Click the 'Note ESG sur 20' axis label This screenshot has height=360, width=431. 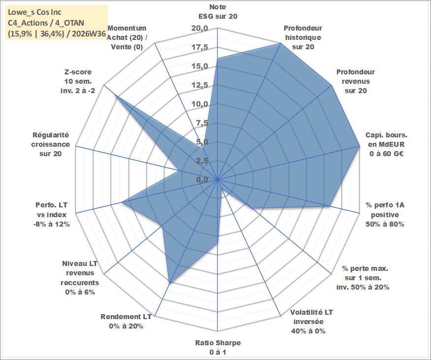218,11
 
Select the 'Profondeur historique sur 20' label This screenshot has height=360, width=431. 303,37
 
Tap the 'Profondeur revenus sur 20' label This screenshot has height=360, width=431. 356,81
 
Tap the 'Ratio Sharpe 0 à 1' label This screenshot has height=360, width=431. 218,347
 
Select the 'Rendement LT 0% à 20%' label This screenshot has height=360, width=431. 126,322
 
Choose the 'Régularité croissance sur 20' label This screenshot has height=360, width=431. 50,144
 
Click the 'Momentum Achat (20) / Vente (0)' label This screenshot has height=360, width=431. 127,37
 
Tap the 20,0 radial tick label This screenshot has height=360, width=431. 199,29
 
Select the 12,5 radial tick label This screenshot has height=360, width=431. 199,86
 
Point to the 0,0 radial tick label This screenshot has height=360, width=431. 202,180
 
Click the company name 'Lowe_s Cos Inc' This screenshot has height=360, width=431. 34,12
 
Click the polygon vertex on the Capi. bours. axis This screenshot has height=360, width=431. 359,146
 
